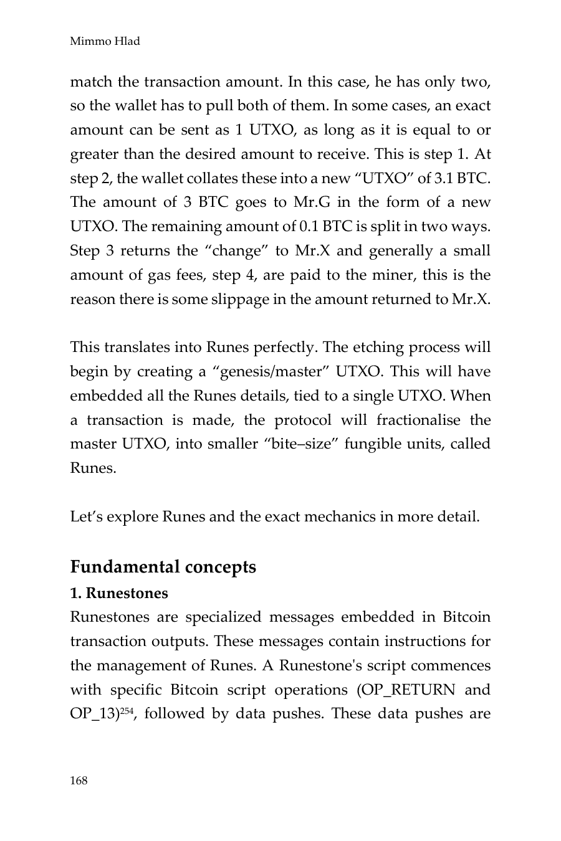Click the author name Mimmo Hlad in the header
click(105, 42)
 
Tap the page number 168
click(79, 781)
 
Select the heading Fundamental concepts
click(163, 567)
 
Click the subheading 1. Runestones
click(119, 593)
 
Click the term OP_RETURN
click(411, 690)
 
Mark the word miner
click(412, 275)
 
